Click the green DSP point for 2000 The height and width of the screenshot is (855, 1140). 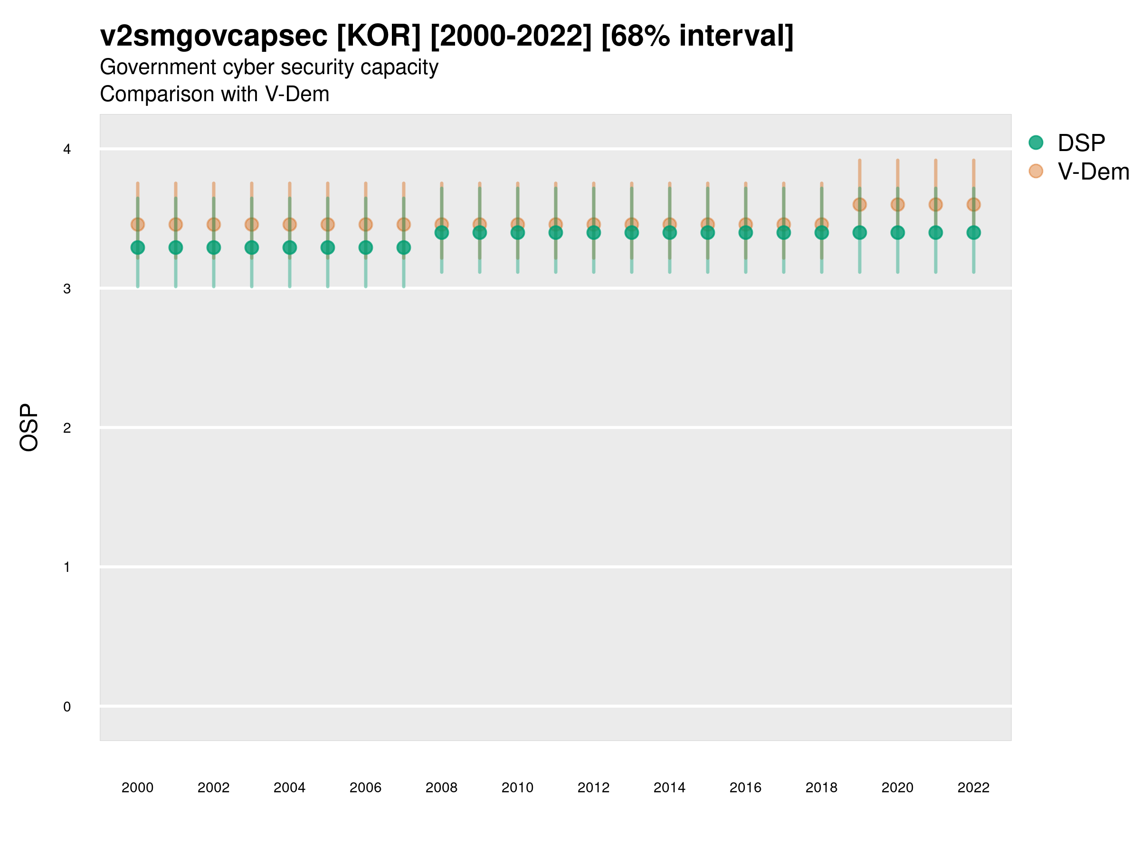click(x=138, y=247)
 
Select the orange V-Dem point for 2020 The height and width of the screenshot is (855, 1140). click(x=897, y=205)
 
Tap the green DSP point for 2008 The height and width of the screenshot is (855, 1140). click(x=442, y=232)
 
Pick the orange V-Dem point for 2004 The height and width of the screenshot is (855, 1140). click(x=290, y=224)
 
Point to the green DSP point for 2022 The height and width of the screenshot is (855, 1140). click(x=974, y=232)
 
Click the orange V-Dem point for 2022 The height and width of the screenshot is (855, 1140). click(x=974, y=205)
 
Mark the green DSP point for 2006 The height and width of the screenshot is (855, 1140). click(x=365, y=247)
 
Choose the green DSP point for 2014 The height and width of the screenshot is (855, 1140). click(x=669, y=232)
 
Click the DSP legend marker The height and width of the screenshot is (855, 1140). click(x=1036, y=143)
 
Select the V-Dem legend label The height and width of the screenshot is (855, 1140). click(x=1093, y=171)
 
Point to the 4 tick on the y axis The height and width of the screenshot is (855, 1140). click(x=67, y=150)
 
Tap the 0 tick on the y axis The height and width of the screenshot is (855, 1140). click(x=67, y=707)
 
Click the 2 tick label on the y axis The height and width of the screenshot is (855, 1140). click(x=67, y=428)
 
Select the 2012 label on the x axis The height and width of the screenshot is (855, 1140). click(x=593, y=788)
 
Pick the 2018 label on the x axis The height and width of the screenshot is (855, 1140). click(x=821, y=788)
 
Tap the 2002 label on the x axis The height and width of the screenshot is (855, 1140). click(x=213, y=788)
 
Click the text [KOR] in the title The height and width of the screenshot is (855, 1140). click(x=379, y=36)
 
